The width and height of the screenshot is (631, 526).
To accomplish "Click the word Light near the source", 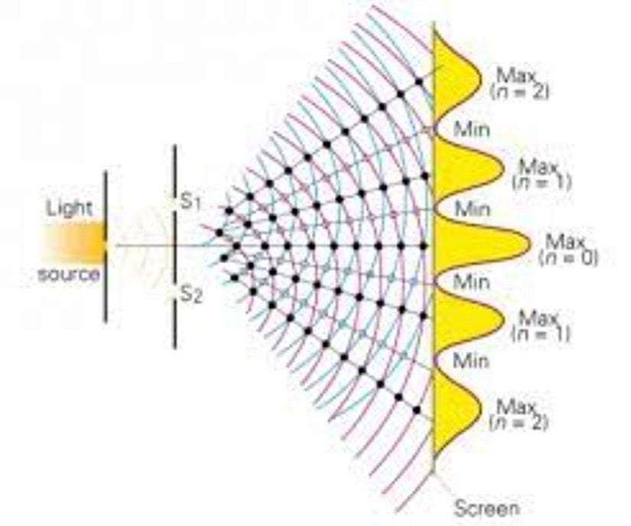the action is tap(69, 209).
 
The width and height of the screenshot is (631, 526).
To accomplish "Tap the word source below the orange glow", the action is tap(68, 274).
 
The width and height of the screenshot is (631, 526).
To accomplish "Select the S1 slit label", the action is tap(190, 202).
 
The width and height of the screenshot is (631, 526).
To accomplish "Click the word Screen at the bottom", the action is tap(486, 508).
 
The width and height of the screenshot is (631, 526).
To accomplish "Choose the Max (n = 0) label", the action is tap(568, 250).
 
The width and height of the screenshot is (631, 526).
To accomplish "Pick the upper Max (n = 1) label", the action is tap(542, 175).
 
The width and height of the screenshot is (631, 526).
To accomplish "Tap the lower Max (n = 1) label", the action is tap(541, 326).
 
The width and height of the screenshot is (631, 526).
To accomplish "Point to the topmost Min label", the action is tap(472, 129).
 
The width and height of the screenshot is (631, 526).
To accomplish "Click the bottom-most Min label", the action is tap(471, 361).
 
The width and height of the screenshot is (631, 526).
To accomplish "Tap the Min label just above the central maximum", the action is tap(473, 209).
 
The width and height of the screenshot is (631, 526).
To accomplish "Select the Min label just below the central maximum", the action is tap(472, 282).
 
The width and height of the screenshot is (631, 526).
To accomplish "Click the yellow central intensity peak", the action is tap(475, 245).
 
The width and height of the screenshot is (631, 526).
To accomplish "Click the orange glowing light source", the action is tap(74, 243).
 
